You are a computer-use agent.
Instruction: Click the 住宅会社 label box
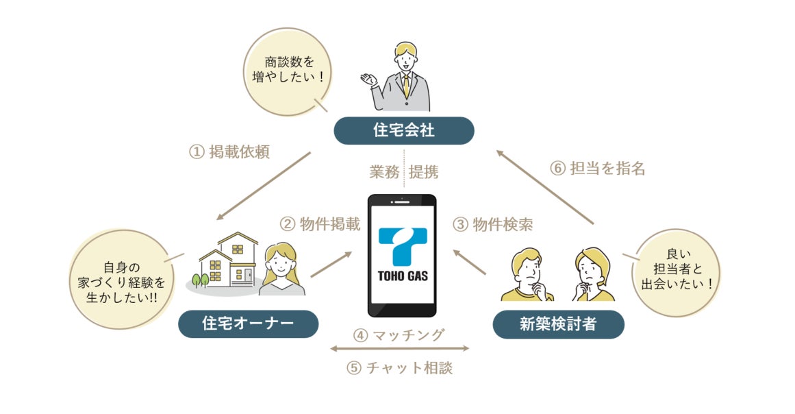[403, 130]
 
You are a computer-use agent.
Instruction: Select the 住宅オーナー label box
[248, 324]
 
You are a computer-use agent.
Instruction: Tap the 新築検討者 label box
[558, 324]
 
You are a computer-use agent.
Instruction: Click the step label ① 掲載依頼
[229, 151]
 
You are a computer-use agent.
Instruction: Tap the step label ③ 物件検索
[492, 223]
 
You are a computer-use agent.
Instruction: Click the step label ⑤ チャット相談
[400, 367]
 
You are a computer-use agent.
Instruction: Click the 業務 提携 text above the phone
[404, 172]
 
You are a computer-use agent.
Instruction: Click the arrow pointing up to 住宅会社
[544, 187]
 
